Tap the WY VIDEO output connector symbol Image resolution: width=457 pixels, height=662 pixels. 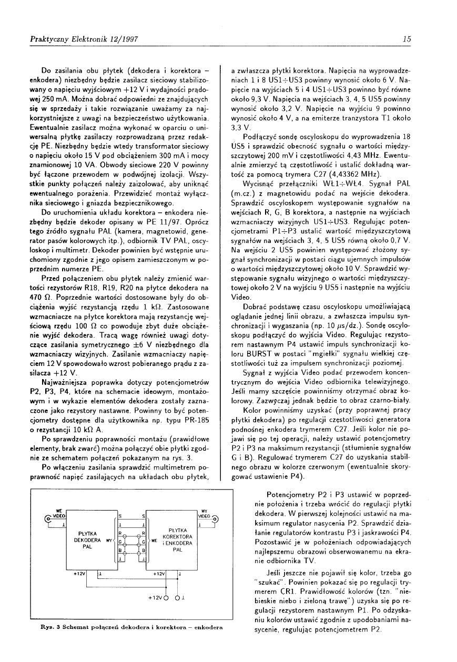215,517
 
